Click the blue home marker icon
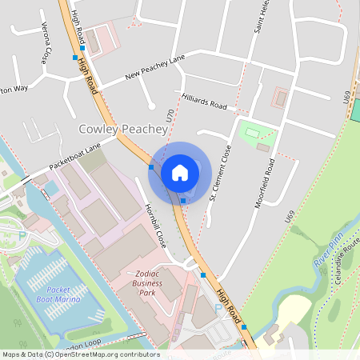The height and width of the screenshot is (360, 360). (180, 172)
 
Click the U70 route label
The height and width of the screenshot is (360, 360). (169, 116)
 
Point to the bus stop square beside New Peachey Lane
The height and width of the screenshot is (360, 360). (74, 58)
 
